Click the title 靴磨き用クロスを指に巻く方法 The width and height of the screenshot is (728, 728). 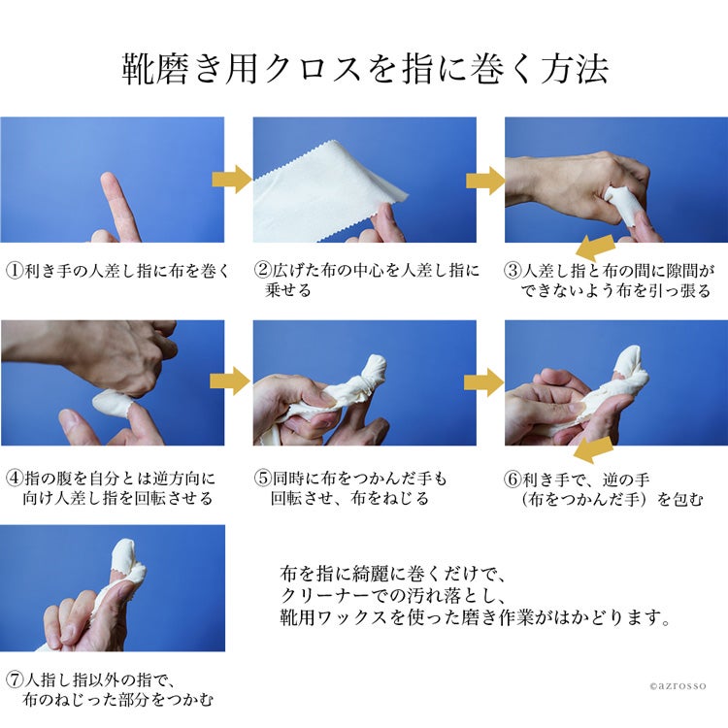coord(365,70)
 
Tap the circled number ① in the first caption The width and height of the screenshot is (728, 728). coord(15,271)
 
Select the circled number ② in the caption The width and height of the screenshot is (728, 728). coord(262,270)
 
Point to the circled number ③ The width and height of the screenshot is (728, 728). coord(513,271)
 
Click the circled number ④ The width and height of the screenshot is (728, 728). coord(15,478)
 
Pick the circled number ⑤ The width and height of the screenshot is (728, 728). coord(262,478)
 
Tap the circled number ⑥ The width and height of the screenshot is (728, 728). coord(513,479)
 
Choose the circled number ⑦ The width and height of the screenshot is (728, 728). coord(15,680)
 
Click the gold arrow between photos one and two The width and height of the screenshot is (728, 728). coord(232,179)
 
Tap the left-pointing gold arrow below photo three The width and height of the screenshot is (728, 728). coord(595,248)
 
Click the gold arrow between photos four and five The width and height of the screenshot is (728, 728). coord(230,381)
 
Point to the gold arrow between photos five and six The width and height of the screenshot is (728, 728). coord(483,382)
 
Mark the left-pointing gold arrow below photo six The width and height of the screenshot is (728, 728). coord(593,449)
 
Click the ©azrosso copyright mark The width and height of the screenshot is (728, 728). coord(678,685)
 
